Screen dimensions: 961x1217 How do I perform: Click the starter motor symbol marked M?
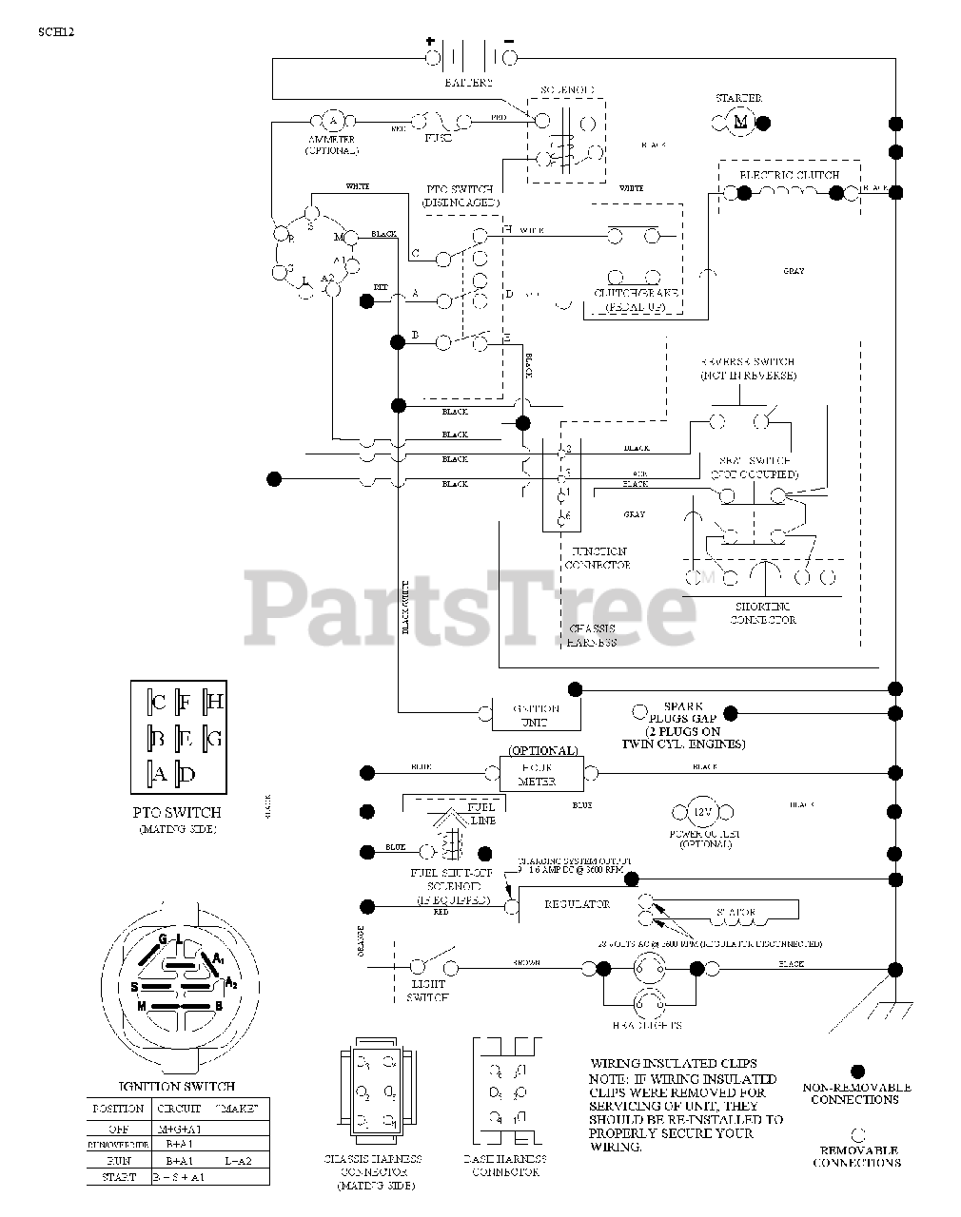click(741, 121)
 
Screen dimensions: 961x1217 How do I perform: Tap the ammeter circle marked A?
click(332, 121)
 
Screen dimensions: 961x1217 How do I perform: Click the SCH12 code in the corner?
click(56, 31)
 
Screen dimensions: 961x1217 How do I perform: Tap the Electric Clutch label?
click(789, 176)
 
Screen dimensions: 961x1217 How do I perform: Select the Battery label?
click(468, 83)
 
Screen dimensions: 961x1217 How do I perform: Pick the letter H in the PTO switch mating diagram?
click(214, 702)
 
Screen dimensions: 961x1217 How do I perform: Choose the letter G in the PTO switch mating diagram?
click(214, 738)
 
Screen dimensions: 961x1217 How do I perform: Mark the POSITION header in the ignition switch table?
click(118, 1109)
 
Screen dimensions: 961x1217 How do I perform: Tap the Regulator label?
click(578, 904)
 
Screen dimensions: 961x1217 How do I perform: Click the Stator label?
click(735, 913)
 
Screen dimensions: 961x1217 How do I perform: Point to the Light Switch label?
click(427, 992)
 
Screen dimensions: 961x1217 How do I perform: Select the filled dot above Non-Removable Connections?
click(856, 1071)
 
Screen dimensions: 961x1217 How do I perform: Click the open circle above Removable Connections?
click(856, 1133)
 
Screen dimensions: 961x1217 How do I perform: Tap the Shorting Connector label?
click(763, 613)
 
